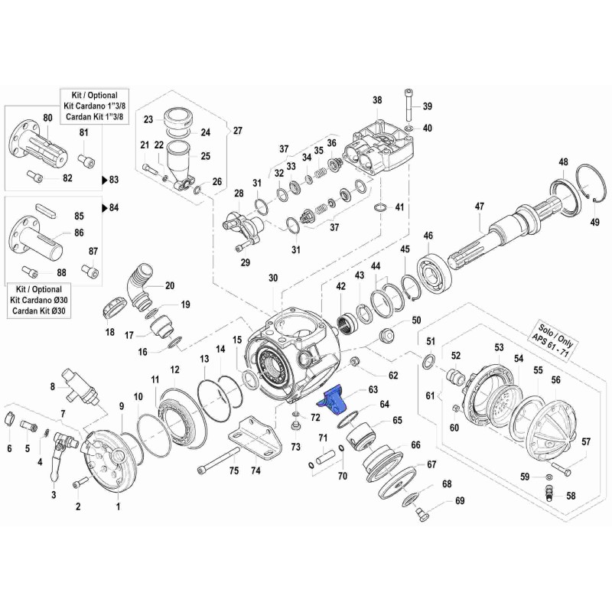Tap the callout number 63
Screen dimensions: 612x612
click(373, 389)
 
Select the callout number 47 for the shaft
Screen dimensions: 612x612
click(480, 206)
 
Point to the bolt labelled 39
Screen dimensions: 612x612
click(409, 103)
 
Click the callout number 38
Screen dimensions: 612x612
click(376, 100)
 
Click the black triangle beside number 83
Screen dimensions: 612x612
click(105, 180)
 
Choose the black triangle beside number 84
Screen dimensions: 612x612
click(105, 207)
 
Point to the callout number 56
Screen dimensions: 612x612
click(555, 380)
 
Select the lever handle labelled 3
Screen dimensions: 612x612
click(54, 467)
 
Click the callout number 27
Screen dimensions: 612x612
click(237, 130)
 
